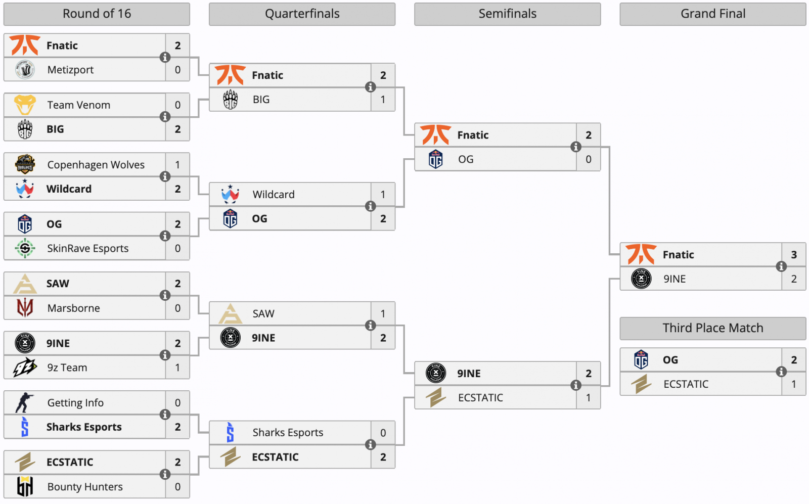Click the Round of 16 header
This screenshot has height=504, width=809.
click(97, 14)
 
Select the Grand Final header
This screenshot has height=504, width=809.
click(712, 14)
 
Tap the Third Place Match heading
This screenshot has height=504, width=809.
click(712, 328)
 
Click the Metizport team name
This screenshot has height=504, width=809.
click(70, 70)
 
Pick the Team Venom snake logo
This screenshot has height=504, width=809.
click(25, 105)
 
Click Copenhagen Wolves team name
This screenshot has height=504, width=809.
click(96, 165)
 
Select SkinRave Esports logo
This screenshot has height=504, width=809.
click(25, 248)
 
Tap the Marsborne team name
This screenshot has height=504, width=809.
click(73, 308)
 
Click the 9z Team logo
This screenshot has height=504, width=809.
click(25, 368)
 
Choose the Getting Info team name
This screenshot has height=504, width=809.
click(75, 403)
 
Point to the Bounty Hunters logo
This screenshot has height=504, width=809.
click(25, 486)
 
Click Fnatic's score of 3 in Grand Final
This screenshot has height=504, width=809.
click(794, 255)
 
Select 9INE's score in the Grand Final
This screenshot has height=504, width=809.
click(794, 279)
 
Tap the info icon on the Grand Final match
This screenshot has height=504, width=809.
click(781, 266)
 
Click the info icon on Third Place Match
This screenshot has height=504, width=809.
click(781, 372)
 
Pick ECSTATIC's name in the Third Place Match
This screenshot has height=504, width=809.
click(686, 384)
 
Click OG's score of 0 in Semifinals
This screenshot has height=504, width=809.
click(589, 159)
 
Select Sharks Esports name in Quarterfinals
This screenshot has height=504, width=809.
click(288, 433)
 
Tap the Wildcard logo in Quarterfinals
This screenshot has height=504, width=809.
click(230, 194)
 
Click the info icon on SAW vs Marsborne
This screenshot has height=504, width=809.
click(165, 295)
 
